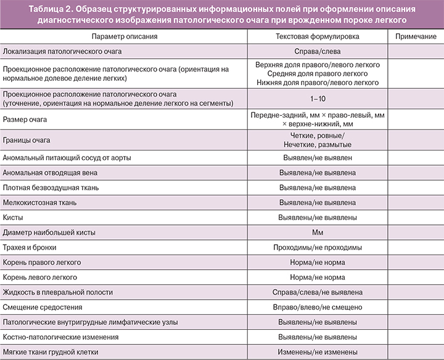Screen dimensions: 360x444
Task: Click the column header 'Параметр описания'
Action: (123, 37)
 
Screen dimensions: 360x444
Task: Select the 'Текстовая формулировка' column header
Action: (318, 37)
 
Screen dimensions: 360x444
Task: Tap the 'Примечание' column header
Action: (416, 37)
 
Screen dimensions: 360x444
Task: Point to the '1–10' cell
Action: (318, 99)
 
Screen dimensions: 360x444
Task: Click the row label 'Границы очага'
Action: (28, 141)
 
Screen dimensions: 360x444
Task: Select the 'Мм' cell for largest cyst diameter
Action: (318, 232)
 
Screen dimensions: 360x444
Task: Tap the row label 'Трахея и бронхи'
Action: (30, 248)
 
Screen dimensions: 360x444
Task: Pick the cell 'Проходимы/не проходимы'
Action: (318, 248)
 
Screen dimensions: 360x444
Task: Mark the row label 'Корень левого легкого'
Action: (40, 277)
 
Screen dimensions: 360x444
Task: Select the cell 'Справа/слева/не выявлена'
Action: (318, 292)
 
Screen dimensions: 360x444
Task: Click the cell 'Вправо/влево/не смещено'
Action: (318, 308)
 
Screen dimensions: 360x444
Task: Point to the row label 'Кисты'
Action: (13, 218)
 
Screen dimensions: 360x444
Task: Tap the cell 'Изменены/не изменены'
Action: (318, 353)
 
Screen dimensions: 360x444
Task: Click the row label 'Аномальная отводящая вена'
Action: (50, 173)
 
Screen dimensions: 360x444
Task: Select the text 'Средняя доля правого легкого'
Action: (318, 73)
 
